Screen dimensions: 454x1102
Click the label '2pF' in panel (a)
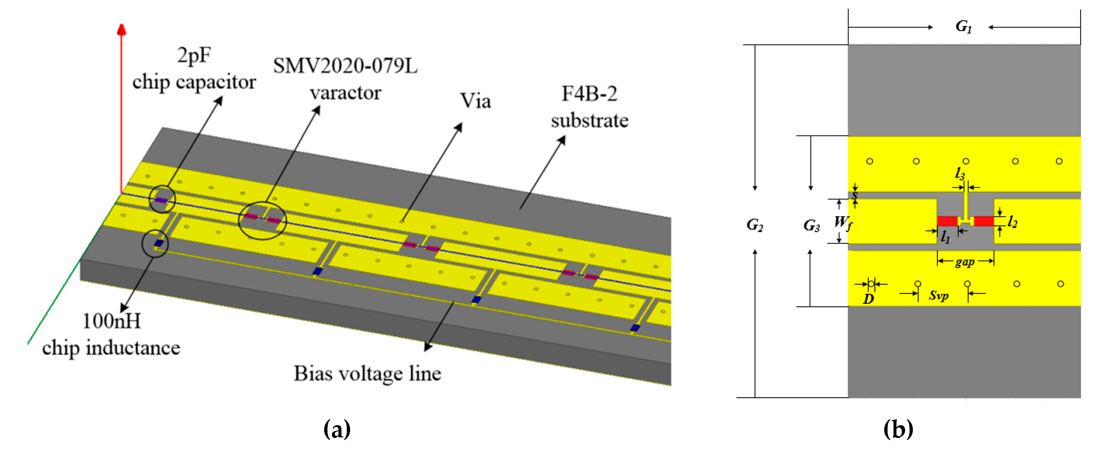[x=194, y=56]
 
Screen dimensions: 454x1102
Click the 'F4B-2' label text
[x=589, y=94]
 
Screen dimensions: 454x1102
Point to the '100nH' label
[x=112, y=321]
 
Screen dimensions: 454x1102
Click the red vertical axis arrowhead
[x=121, y=29]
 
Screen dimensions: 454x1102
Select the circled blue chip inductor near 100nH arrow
[x=158, y=243]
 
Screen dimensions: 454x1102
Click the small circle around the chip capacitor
[x=162, y=199]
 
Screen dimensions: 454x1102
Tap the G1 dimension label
[x=963, y=26]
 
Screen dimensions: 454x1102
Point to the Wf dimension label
[x=842, y=222]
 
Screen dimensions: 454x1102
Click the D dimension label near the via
[x=868, y=299]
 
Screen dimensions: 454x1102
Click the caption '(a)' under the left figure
[x=337, y=429]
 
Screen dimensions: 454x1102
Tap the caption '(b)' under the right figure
[x=898, y=429]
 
